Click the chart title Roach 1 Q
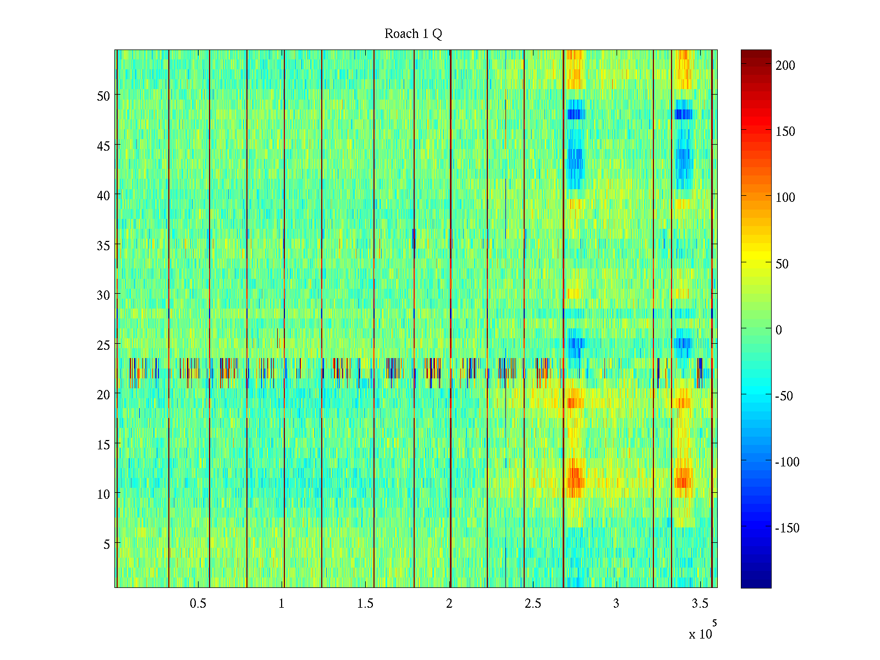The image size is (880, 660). [x=413, y=34]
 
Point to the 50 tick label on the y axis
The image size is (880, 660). [x=103, y=96]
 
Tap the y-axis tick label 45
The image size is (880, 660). [x=103, y=146]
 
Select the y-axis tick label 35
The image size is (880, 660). [x=103, y=245]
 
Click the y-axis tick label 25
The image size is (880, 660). [x=103, y=345]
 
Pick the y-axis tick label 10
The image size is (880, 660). [x=103, y=494]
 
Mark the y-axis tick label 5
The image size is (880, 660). [x=107, y=544]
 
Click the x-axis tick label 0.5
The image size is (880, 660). [x=198, y=604]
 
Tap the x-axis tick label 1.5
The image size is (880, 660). [x=365, y=604]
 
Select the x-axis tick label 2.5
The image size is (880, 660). [x=532, y=604]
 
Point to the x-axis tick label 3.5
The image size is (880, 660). [x=700, y=604]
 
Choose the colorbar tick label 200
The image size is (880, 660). [x=785, y=65]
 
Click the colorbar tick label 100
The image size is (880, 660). [x=785, y=197]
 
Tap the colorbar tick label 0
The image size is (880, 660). [x=779, y=330]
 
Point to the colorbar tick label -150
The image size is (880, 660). [x=788, y=529]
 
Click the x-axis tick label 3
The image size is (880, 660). [x=616, y=604]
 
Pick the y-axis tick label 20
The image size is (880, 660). [x=103, y=395]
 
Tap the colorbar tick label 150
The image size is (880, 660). [x=785, y=131]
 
